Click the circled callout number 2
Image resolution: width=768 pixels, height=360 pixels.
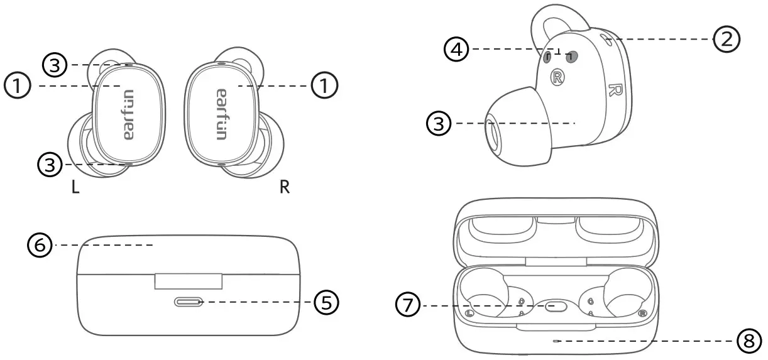click(x=727, y=40)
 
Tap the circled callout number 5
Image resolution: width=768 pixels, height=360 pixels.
click(x=326, y=303)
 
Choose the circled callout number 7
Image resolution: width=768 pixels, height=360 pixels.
click(x=409, y=306)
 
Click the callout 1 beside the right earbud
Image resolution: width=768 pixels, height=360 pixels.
click(x=325, y=85)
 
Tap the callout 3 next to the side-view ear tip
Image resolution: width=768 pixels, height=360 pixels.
click(x=440, y=124)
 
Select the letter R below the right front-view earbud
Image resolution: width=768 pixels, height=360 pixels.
click(x=285, y=188)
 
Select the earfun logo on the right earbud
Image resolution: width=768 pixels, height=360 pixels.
click(x=221, y=114)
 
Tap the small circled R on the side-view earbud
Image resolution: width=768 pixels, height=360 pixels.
click(x=557, y=77)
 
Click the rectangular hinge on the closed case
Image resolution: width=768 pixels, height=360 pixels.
click(x=188, y=281)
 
